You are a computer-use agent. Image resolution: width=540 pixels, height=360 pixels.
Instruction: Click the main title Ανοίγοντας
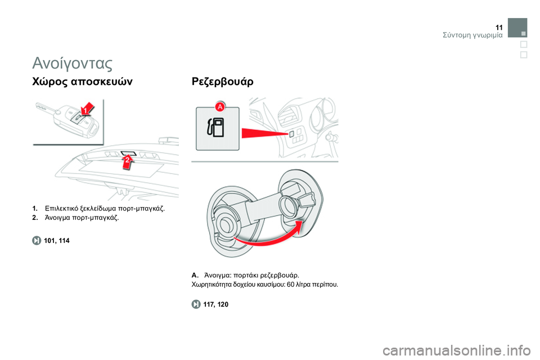pyautogui.click(x=73, y=63)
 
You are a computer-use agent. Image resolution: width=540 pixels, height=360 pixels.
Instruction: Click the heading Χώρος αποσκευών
pyautogui.click(x=82, y=82)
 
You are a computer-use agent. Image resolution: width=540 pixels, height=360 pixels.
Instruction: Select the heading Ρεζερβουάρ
pyautogui.click(x=223, y=82)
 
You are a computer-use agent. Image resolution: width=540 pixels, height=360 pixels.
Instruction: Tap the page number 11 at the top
pyautogui.click(x=499, y=28)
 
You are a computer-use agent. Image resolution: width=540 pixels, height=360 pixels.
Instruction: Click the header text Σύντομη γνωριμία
pyautogui.click(x=472, y=35)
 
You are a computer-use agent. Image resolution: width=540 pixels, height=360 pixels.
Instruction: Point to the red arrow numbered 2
pyautogui.click(x=128, y=161)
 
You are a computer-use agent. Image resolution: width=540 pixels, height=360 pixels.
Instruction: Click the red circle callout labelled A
pyautogui.click(x=220, y=107)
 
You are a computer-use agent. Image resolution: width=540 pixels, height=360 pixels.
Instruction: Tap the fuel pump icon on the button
pyautogui.click(x=215, y=128)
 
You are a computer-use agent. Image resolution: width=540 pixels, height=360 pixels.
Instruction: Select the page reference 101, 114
pyautogui.click(x=57, y=241)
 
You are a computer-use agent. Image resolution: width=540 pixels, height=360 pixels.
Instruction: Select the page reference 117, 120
pyautogui.click(x=216, y=304)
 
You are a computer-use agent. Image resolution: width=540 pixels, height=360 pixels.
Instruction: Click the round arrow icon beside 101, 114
pyautogui.click(x=37, y=240)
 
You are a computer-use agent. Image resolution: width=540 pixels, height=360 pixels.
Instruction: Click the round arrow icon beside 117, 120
pyautogui.click(x=196, y=304)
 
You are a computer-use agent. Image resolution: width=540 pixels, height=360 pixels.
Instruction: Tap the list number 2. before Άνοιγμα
pyautogui.click(x=35, y=218)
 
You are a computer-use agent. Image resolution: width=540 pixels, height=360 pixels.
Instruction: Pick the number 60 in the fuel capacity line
pyautogui.click(x=290, y=285)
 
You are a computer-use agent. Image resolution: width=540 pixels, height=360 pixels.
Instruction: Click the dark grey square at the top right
pyautogui.click(x=517, y=28)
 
